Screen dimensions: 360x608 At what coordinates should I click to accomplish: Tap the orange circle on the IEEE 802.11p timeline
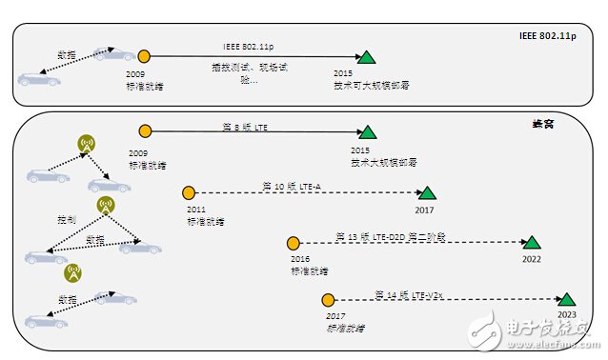pos(144,57)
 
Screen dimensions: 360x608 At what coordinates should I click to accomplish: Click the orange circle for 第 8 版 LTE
pos(145,131)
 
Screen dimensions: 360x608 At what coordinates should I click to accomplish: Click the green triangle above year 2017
pos(427,192)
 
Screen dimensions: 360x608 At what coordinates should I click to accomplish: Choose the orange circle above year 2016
pos(294,244)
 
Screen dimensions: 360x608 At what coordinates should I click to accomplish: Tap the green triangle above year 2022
pos(532,243)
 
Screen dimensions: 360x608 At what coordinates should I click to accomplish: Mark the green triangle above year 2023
pos(566,299)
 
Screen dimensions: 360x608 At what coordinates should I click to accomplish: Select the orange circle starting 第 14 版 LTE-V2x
pos(329,300)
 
